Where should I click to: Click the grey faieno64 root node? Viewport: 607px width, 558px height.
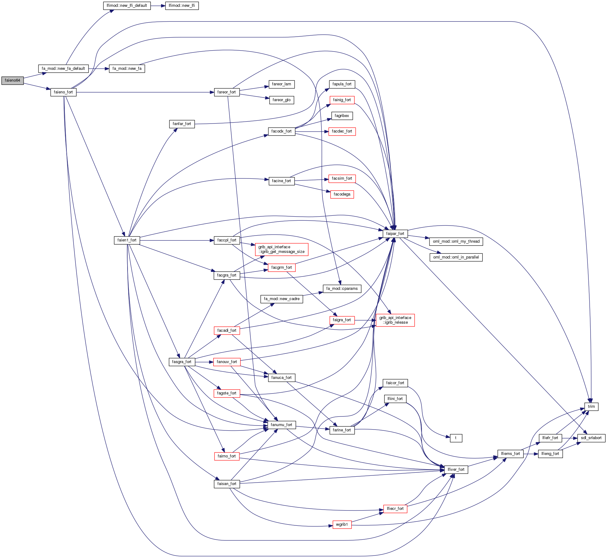click(x=12, y=80)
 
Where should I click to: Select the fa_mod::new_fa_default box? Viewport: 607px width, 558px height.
click(x=63, y=69)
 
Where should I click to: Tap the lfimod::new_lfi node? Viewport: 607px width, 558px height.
click(x=182, y=6)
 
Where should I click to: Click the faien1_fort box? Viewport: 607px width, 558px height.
click(x=127, y=240)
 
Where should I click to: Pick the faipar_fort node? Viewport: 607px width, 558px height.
click(x=395, y=234)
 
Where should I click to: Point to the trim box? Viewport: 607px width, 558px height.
click(x=591, y=407)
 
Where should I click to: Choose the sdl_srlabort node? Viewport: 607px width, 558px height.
click(x=591, y=438)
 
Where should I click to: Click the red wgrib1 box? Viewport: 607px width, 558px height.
click(x=342, y=524)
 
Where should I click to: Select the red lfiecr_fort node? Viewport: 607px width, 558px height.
click(x=395, y=509)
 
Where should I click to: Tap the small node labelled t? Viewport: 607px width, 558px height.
click(x=456, y=438)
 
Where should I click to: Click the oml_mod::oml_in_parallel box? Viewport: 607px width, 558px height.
click(x=456, y=257)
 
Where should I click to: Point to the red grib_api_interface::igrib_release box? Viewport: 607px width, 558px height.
click(x=395, y=320)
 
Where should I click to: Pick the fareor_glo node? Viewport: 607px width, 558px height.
click(x=281, y=100)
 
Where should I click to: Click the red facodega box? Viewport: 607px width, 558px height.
click(x=342, y=194)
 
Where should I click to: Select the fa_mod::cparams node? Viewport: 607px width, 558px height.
click(x=342, y=289)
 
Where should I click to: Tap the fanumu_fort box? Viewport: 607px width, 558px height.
click(x=281, y=425)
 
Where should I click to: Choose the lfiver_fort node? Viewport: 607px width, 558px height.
click(x=456, y=470)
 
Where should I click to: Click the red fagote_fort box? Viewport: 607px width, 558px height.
click(x=227, y=393)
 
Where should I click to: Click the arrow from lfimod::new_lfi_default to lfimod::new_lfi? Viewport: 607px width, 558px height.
click(x=158, y=6)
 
